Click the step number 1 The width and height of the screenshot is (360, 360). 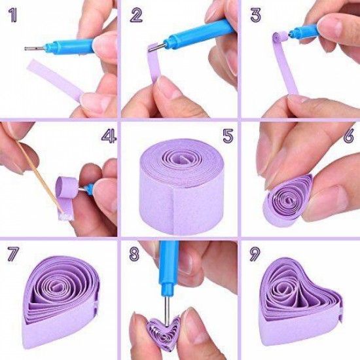tap(13, 16)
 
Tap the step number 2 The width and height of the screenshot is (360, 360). tap(137, 15)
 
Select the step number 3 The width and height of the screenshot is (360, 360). tap(255, 15)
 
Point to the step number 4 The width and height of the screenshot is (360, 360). tap(109, 136)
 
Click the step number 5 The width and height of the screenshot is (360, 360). tap(228, 135)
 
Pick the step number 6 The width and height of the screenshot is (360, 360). tap(348, 137)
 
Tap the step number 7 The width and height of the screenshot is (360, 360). tap(13, 255)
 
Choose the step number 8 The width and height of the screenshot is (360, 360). tap(134, 254)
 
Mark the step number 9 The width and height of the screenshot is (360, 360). tap(255, 254)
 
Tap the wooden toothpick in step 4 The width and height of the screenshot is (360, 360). tap(39, 175)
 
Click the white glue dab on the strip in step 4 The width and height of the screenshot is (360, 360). tap(66, 216)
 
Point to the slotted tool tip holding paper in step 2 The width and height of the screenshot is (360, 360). tap(157, 48)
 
